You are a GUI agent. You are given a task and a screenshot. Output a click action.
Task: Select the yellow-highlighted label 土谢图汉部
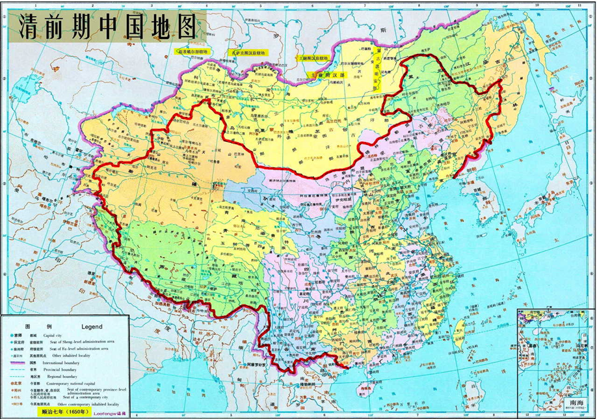coord(330,75)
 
